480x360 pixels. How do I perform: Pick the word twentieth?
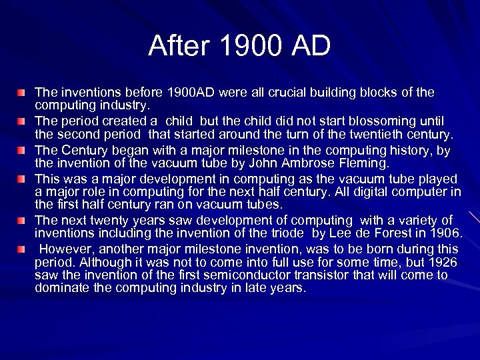tap(371, 134)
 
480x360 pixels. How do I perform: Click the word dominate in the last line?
tap(61, 288)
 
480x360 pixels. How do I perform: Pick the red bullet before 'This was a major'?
tap(22, 179)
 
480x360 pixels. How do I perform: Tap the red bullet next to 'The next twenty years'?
tap(22, 220)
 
